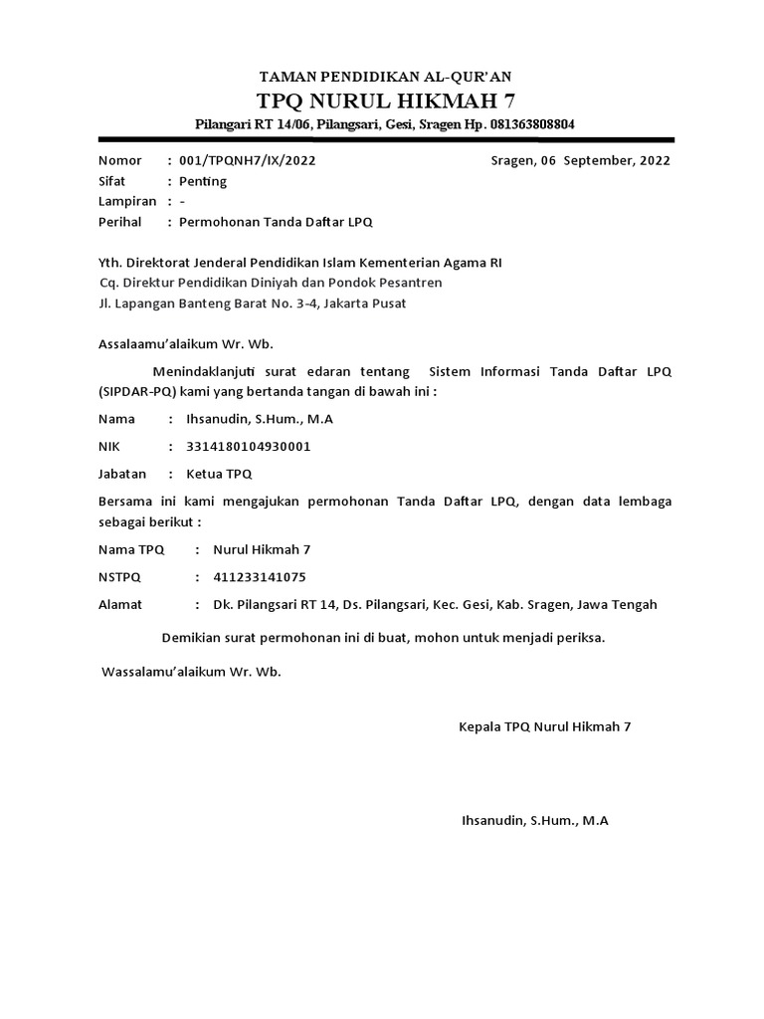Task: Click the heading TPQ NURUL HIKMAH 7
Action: coord(386,100)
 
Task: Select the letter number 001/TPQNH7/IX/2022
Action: coord(250,160)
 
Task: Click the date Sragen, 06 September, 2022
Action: coord(581,160)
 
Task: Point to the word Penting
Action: coord(203,181)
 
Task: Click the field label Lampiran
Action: coord(127,201)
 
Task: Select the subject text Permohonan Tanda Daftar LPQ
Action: coord(276,222)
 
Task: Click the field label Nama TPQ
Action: coord(131,549)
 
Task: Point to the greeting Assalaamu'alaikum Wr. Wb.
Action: coord(185,344)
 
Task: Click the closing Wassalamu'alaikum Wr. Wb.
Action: coord(192,672)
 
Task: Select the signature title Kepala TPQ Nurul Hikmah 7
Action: coord(544,727)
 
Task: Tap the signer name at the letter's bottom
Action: coord(535,822)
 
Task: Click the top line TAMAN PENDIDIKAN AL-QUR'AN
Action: coord(386,77)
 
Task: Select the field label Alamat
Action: coord(120,605)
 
